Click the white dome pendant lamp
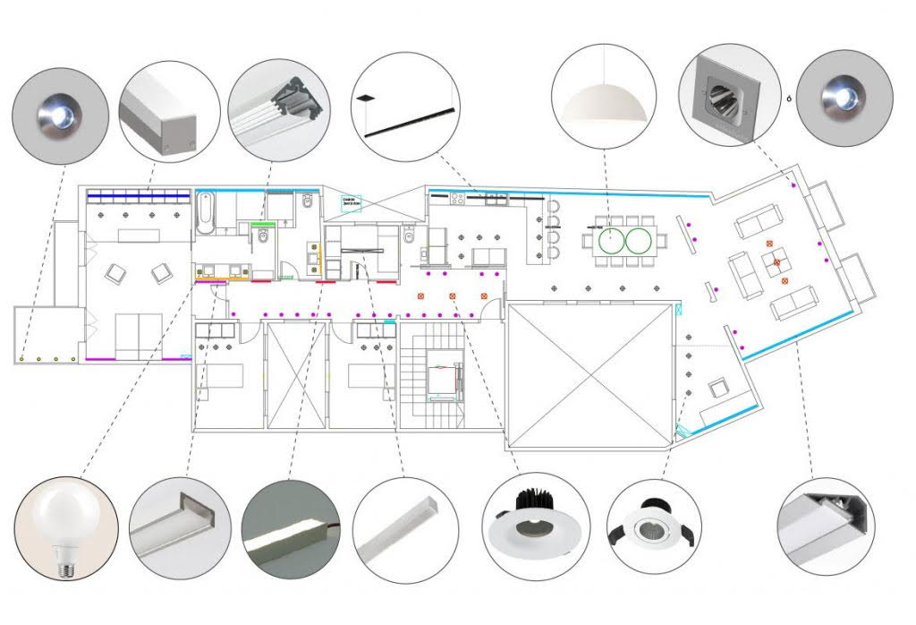(604, 103)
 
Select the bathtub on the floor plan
(206, 213)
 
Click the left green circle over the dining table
(608, 240)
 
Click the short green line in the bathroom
(262, 222)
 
